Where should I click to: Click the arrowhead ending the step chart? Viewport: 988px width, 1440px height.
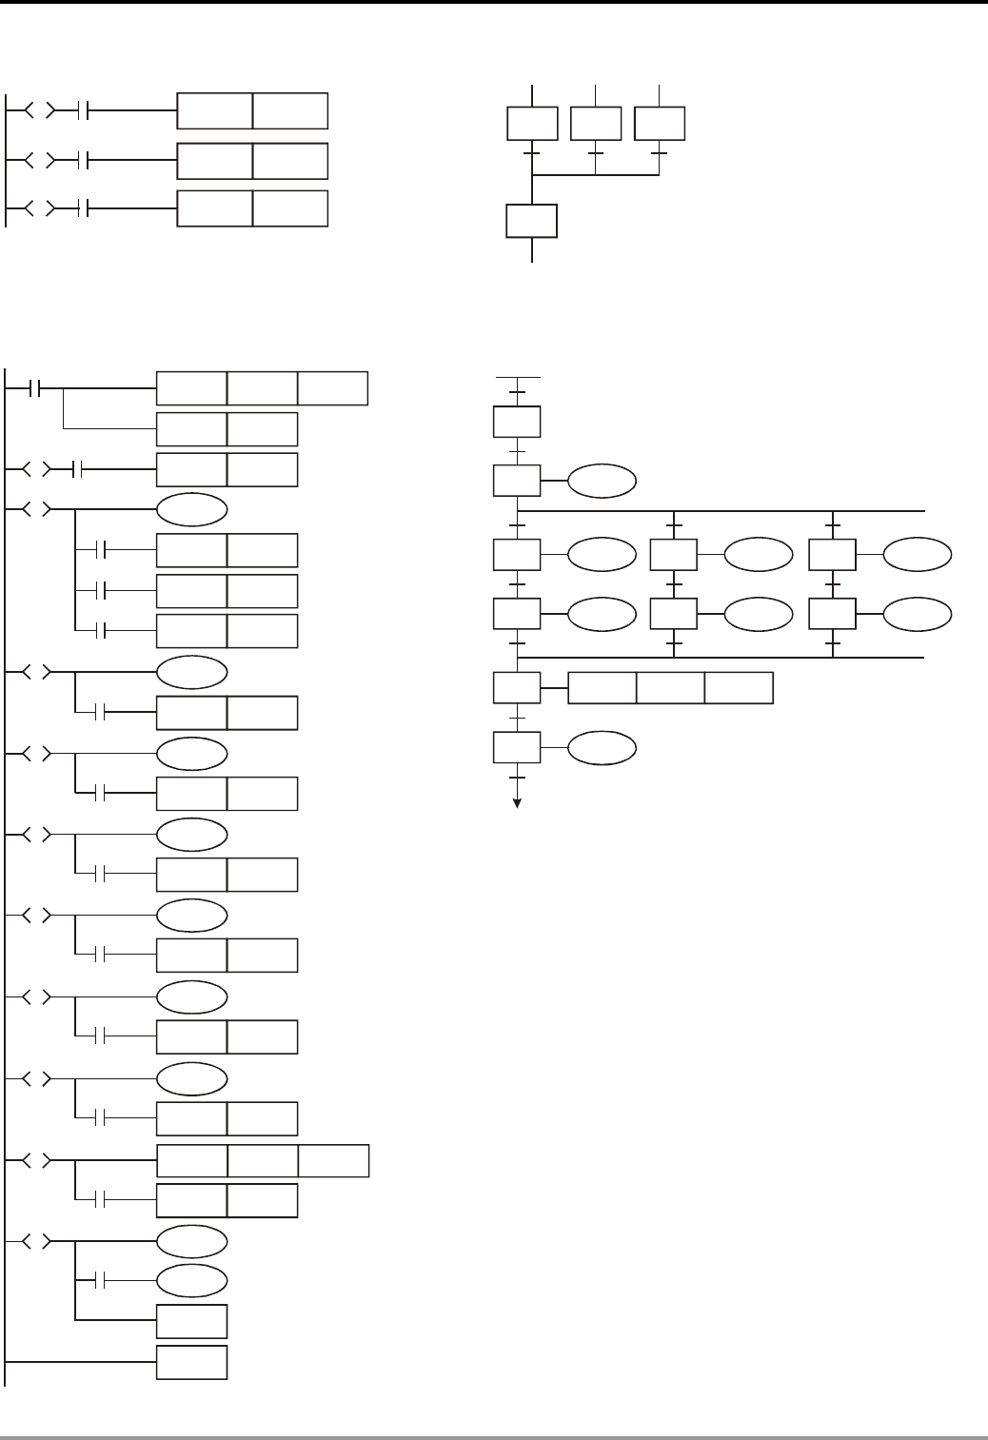[x=518, y=802]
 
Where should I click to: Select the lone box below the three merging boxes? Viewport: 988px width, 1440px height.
[x=531, y=221]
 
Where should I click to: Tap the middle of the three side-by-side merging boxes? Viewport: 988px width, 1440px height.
[x=595, y=124]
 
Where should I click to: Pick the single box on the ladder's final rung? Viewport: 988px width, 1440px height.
[x=191, y=1362]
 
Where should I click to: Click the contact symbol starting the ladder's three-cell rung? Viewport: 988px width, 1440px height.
[x=37, y=388]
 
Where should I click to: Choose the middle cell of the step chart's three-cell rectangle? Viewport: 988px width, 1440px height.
[x=670, y=687]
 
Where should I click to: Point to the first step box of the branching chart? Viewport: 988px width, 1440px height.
[x=517, y=422]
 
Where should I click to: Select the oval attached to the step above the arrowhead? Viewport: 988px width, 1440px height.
[x=602, y=748]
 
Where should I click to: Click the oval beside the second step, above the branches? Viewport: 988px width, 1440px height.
[x=602, y=482]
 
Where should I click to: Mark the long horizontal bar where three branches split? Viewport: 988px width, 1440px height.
[x=721, y=511]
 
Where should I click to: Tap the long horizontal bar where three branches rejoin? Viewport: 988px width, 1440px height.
[x=721, y=658]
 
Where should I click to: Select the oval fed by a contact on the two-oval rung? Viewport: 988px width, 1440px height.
[x=191, y=1280]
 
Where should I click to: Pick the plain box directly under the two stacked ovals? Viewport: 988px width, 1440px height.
[x=191, y=1321]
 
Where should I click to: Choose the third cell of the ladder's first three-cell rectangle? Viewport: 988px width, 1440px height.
[x=332, y=389]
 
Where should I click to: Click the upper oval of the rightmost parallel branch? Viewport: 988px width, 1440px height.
[x=917, y=555]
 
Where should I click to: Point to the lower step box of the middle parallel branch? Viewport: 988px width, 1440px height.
[x=674, y=614]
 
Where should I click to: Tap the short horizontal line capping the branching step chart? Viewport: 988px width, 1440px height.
[x=518, y=377]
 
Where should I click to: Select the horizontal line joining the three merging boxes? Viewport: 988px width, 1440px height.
[x=595, y=175]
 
